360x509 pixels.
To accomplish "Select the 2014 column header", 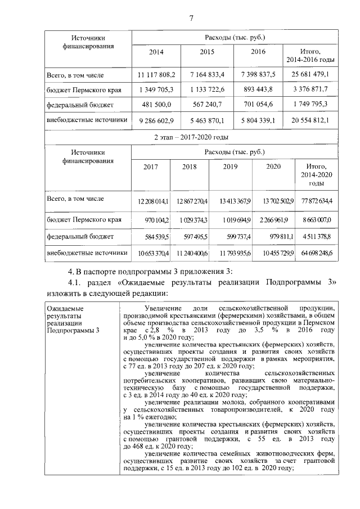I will pyautogui.click(x=156, y=52).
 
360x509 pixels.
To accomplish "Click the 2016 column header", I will pyautogui.click(x=258, y=52).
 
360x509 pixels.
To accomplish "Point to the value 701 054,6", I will pyautogui.click(x=258, y=105).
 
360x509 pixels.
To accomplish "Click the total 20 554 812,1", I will pyautogui.click(x=310, y=120).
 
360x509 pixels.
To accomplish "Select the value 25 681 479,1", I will pyautogui.click(x=310, y=74).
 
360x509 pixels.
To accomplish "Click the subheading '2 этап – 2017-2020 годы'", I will pyautogui.click(x=191, y=137).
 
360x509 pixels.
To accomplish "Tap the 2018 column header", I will pyautogui.click(x=188, y=167).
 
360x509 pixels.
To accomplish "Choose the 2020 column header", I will pyautogui.click(x=273, y=167).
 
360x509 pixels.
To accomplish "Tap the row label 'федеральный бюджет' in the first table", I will pyautogui.click(x=80, y=105).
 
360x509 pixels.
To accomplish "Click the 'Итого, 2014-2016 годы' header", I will pyautogui.click(x=310, y=55).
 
